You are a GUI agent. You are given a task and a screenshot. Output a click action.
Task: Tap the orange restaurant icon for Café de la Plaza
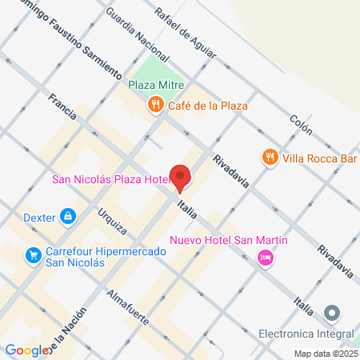coord(155,105)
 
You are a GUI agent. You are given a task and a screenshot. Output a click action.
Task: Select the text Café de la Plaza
coord(207,106)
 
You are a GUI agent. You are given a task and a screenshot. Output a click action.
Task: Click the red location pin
coord(182,178)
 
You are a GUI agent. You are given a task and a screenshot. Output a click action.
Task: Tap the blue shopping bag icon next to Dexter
coord(68,216)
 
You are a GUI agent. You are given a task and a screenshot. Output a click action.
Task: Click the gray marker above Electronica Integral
coord(332,313)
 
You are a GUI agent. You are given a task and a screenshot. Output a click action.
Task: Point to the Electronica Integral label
coord(306,333)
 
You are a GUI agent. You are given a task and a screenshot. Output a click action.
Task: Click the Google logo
coord(26,350)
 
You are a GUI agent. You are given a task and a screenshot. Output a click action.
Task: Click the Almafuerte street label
coord(127,305)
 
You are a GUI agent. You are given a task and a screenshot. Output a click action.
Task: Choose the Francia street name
coord(61,106)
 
